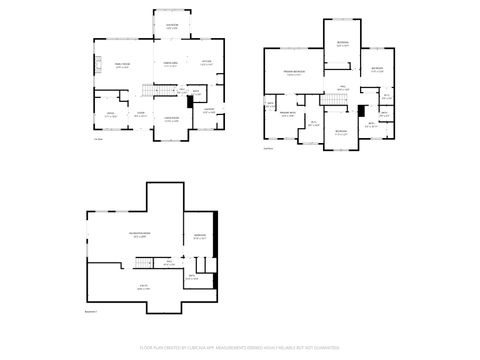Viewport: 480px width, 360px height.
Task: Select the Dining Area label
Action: click(x=171, y=65)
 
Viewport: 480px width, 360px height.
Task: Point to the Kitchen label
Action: click(x=206, y=64)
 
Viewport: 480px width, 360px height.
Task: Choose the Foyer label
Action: click(x=141, y=114)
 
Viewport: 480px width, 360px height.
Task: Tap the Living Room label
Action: click(x=172, y=120)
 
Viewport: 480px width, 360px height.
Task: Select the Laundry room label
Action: click(x=210, y=110)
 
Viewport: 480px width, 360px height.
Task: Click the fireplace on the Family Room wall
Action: click(x=97, y=68)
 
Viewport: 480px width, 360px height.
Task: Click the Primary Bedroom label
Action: click(x=293, y=73)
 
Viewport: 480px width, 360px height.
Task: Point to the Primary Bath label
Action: click(x=288, y=114)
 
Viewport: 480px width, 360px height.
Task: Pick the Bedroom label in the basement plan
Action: click(x=198, y=238)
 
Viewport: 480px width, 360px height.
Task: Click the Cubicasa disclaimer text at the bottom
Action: click(x=239, y=350)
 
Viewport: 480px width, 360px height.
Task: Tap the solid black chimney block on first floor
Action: click(x=190, y=101)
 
